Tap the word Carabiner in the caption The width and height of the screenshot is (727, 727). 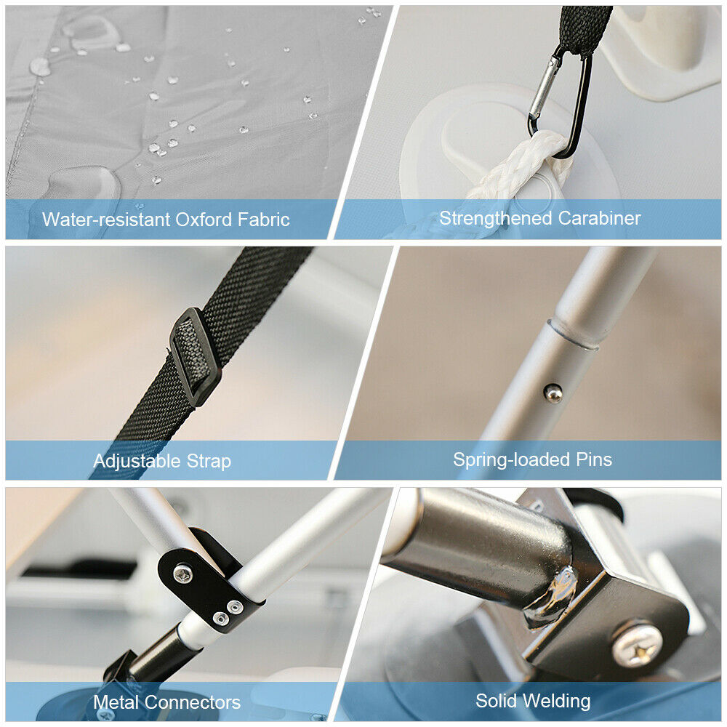pyautogui.click(x=599, y=218)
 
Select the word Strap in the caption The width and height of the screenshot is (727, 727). pyautogui.click(x=209, y=462)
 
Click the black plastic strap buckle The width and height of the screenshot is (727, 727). pyautogui.click(x=194, y=356)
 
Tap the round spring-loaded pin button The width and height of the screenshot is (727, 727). pyautogui.click(x=553, y=393)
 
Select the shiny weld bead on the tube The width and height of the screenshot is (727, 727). pyautogui.click(x=553, y=598)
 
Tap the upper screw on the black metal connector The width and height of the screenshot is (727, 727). pyautogui.click(x=182, y=574)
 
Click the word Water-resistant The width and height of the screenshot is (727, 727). pyautogui.click(x=106, y=220)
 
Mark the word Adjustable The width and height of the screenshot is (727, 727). pyautogui.click(x=137, y=462)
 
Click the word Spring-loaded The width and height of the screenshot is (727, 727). pyautogui.click(x=512, y=459)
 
